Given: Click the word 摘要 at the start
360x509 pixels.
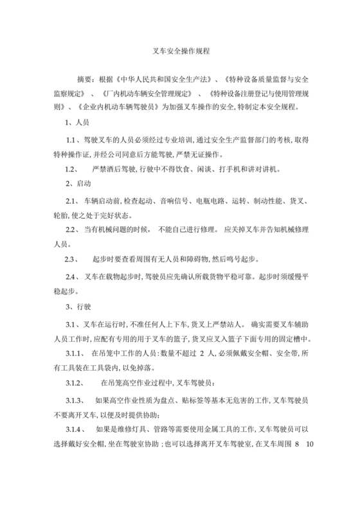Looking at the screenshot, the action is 85,80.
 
